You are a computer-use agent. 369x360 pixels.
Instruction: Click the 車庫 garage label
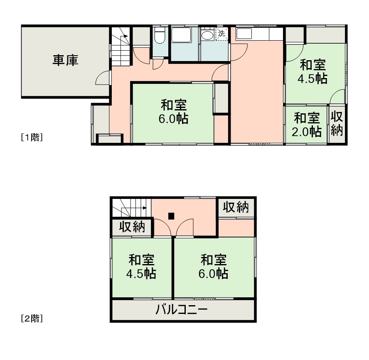(65, 61)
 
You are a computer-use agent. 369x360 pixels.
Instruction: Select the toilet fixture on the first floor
(159, 36)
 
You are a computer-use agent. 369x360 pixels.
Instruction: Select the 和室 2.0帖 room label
(307, 125)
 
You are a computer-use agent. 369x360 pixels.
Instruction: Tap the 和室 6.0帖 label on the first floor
(173, 112)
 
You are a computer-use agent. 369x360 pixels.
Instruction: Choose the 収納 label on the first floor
(336, 124)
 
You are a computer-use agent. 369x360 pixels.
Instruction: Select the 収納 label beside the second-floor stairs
(132, 227)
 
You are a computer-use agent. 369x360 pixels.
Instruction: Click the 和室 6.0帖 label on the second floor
(214, 267)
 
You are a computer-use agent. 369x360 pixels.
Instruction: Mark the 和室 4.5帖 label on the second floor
(141, 267)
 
